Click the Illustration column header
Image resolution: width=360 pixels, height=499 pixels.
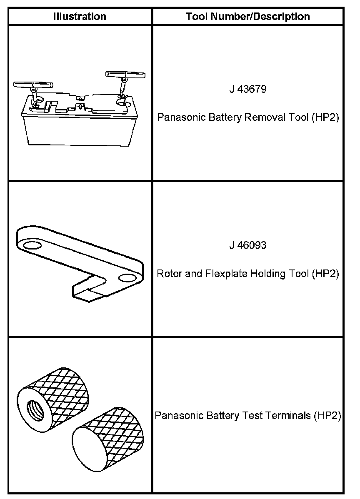tap(80, 17)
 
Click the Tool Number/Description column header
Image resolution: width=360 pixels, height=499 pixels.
tap(248, 17)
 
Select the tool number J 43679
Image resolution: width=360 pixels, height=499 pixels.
tap(248, 90)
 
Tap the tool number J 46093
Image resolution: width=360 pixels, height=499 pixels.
tap(248, 245)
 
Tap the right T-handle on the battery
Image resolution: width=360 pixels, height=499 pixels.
tap(125, 75)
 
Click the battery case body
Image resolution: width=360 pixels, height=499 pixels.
tap(75, 129)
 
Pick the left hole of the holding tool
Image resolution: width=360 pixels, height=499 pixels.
tap(30, 246)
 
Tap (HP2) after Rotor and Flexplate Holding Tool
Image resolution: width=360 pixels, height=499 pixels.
tap(326, 274)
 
